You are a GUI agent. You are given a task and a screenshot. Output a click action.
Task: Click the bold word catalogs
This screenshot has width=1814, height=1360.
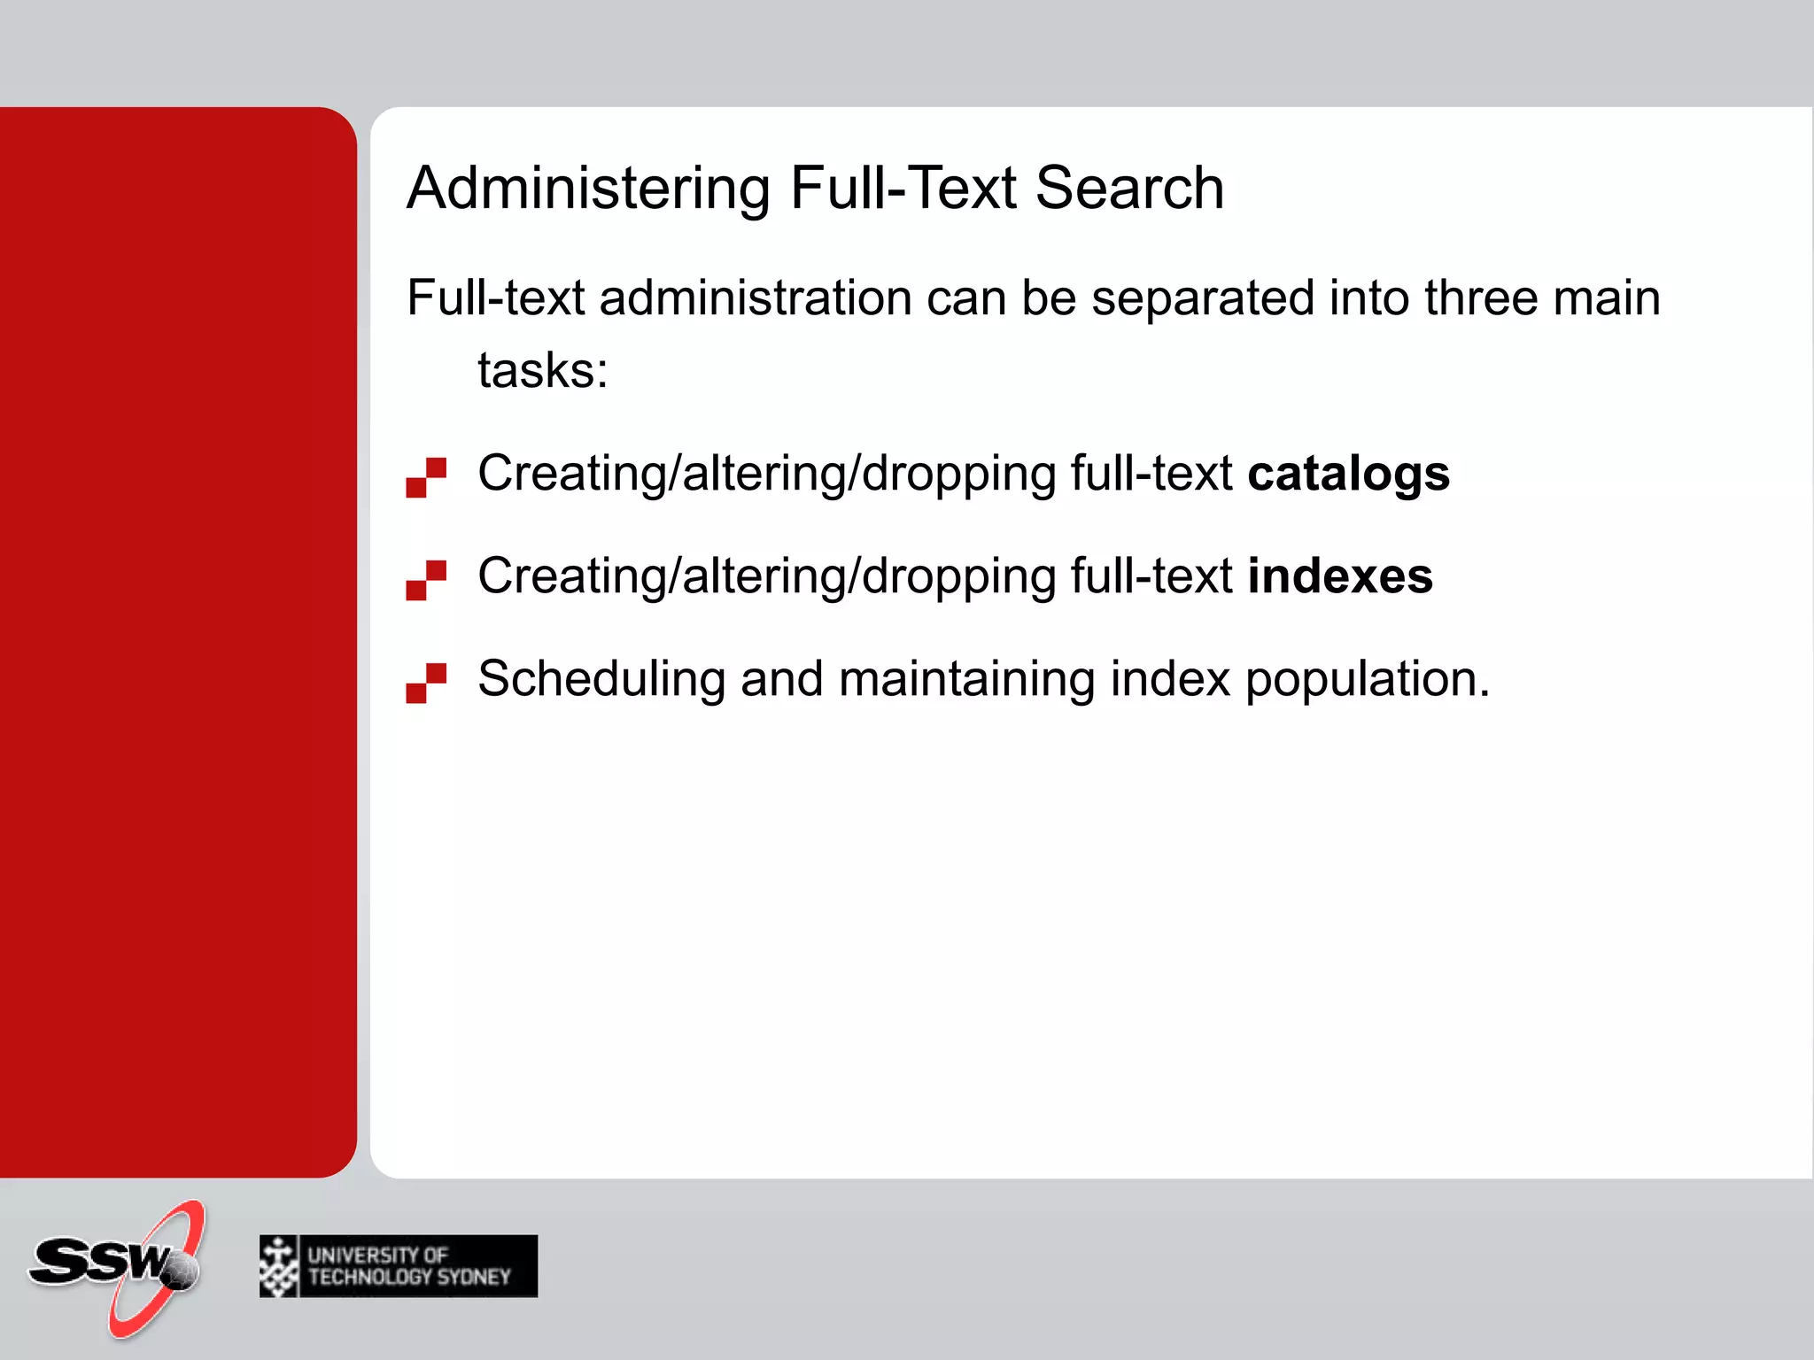click(1348, 474)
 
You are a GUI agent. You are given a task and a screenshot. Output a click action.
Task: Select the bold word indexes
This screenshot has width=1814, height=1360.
click(1339, 576)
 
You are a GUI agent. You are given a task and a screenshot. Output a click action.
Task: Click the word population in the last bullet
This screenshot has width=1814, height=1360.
click(1367, 679)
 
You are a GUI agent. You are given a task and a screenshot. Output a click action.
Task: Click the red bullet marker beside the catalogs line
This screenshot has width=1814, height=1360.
click(426, 477)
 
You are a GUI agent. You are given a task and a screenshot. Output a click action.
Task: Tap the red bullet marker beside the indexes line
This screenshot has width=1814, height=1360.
click(426, 580)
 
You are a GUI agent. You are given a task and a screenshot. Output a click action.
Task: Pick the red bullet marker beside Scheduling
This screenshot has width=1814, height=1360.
click(426, 683)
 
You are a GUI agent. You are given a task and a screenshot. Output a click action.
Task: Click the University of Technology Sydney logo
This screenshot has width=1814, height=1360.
click(399, 1266)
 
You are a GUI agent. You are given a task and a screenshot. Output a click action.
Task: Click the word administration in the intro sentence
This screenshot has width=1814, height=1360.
click(756, 297)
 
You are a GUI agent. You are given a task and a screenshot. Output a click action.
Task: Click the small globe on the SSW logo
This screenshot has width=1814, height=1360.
click(182, 1271)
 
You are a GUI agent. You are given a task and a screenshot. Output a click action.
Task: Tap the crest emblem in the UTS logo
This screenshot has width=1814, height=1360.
click(279, 1266)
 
